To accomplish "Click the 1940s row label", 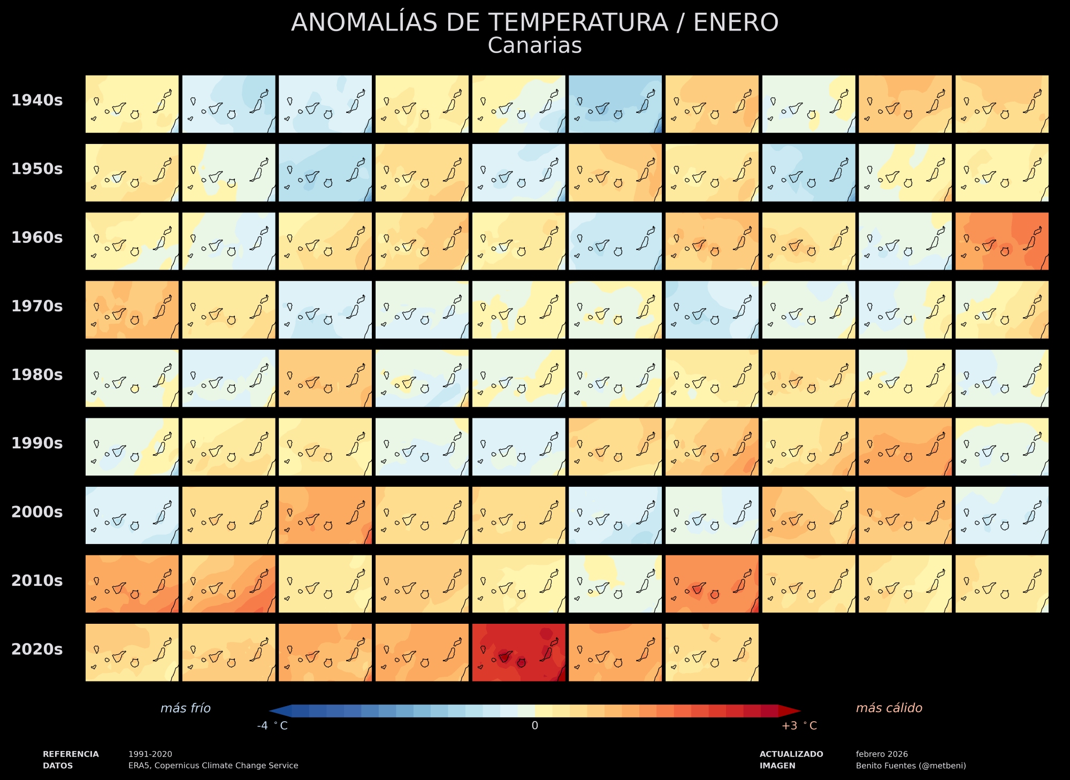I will (x=37, y=101).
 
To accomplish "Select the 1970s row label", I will (x=37, y=306).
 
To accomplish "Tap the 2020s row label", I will (x=37, y=649).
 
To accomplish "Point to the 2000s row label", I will (x=37, y=512).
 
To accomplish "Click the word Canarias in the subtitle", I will (x=534, y=46).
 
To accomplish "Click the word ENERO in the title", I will (x=736, y=23).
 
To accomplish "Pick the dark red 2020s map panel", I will (x=518, y=652).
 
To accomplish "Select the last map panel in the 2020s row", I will (x=712, y=652).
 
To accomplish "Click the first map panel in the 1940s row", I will (x=132, y=104).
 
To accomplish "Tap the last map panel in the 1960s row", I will (x=1002, y=241).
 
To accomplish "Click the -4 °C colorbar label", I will (x=272, y=726).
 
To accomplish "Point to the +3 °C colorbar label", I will (x=799, y=726).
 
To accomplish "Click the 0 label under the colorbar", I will (x=534, y=726).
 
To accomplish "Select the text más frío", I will (x=186, y=708).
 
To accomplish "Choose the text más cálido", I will (x=889, y=708).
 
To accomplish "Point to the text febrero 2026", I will (x=882, y=754).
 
